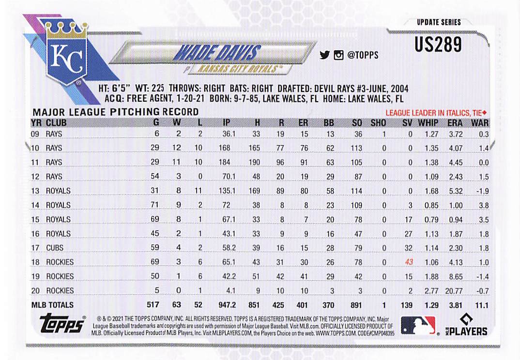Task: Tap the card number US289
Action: (438, 45)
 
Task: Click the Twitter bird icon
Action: (324, 55)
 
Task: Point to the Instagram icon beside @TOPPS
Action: (338, 55)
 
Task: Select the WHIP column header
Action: (428, 123)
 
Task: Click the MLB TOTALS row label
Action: (52, 305)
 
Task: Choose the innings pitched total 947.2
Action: (227, 305)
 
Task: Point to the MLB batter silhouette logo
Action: (418, 325)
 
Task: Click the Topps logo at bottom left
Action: (62, 324)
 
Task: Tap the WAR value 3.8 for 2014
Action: (482, 205)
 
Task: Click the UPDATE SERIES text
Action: (439, 22)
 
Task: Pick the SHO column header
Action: (379, 123)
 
